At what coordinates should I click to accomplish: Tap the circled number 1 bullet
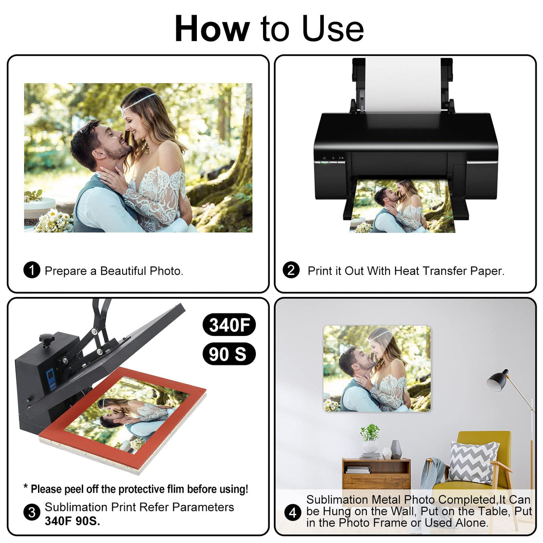(x=32, y=270)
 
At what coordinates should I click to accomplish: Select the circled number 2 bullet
(x=291, y=270)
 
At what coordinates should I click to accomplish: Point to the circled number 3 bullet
(x=32, y=512)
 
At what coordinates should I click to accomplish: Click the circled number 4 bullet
(x=293, y=512)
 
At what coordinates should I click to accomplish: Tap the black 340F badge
(x=229, y=325)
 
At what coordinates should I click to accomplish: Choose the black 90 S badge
(x=229, y=354)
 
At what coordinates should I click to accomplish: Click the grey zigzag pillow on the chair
(x=472, y=462)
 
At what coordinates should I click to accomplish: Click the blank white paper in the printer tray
(x=403, y=84)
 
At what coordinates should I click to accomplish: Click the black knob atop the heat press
(x=47, y=339)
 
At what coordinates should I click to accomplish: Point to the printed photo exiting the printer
(x=403, y=206)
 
